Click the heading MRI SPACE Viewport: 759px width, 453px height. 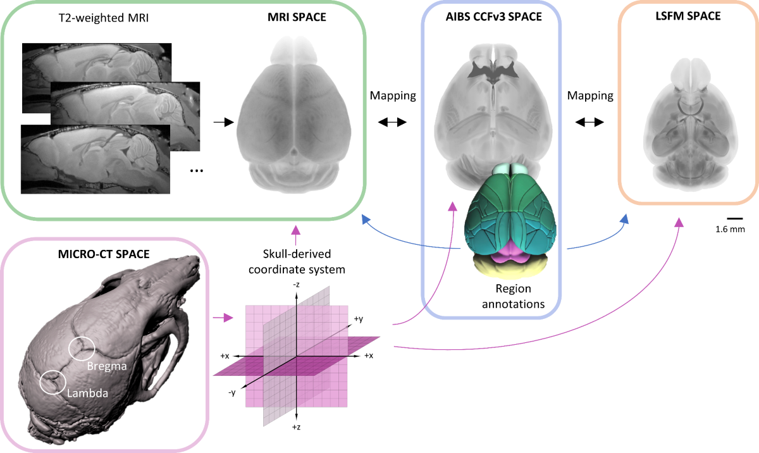coord(297,16)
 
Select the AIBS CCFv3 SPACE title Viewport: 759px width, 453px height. coord(493,16)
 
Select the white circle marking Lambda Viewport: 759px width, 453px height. coord(52,382)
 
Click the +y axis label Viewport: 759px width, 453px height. coord(358,320)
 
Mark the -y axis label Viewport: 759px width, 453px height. coord(233,393)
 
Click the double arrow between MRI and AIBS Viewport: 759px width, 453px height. coord(392,123)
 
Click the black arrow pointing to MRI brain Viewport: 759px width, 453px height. coord(223,123)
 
